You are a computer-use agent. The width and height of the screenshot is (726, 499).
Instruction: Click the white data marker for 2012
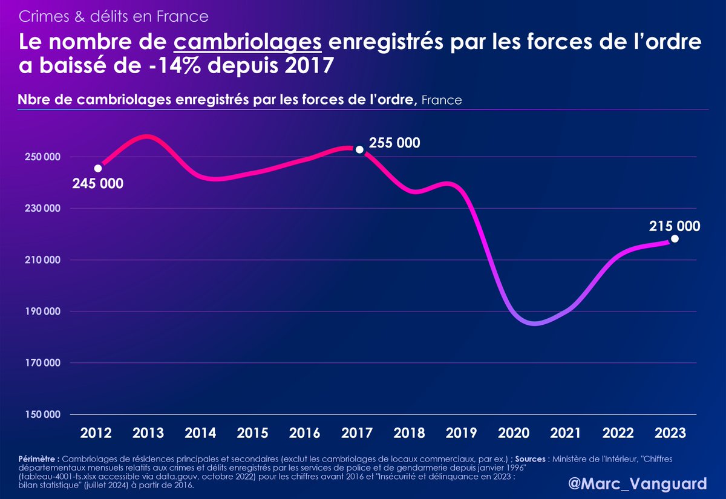click(98, 168)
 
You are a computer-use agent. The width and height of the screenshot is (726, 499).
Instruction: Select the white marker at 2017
click(359, 149)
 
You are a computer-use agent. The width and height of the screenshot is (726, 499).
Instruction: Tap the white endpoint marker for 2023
click(675, 238)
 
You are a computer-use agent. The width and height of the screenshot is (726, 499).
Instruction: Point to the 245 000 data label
click(97, 183)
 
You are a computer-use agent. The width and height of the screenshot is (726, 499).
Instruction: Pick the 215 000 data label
click(675, 226)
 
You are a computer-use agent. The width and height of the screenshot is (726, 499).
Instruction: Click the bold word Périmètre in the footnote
click(39, 459)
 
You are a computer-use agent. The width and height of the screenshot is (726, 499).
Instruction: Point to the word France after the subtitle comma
click(441, 100)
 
